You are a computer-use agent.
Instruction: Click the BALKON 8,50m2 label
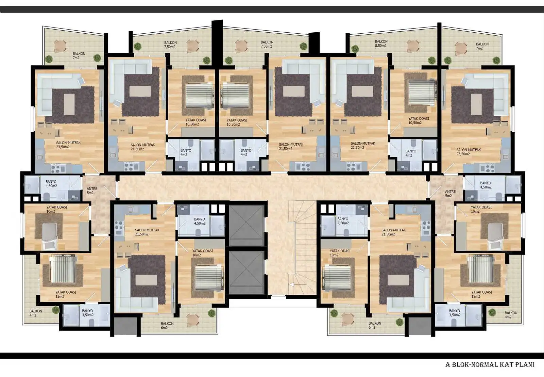coord(381,44)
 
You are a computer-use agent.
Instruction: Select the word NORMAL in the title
coord(483,365)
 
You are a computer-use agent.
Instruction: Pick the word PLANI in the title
coord(525,365)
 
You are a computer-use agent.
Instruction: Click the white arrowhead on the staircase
coord(290,284)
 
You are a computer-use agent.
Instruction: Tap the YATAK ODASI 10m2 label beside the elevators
coord(202,253)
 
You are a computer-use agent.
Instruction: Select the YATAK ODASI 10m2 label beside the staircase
coord(340,253)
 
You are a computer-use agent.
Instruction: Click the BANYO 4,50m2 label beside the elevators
coord(199,221)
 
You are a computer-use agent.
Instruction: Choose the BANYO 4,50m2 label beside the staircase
coord(342,221)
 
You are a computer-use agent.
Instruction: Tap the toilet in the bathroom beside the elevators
coord(198,232)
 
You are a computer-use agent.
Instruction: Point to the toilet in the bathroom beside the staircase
coord(346,232)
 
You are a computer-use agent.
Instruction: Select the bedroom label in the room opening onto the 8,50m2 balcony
coord(418,121)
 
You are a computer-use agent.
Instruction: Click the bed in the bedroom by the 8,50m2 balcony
coord(421,92)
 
